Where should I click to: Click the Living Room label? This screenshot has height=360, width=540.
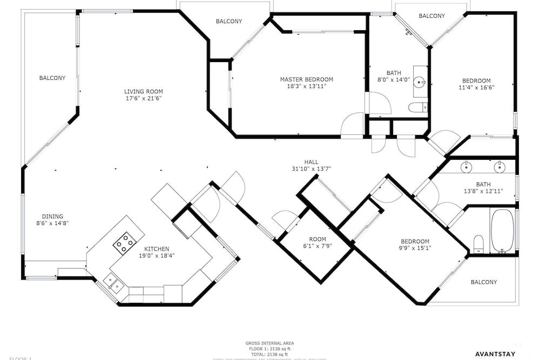[143, 91]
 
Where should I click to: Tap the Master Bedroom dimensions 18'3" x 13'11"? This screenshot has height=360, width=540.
[306, 86]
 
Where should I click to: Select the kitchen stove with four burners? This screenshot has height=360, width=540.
[124, 243]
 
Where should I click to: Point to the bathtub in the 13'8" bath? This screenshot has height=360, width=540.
[503, 230]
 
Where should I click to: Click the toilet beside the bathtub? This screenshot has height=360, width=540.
[477, 244]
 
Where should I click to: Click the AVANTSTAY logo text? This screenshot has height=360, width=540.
[500, 354]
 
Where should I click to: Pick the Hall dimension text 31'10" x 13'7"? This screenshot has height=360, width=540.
[311, 169]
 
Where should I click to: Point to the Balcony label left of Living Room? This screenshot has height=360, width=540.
[52, 78]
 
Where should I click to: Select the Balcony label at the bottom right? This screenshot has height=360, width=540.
[483, 282]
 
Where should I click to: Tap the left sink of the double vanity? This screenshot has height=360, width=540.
[465, 167]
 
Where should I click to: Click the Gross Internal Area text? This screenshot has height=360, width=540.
[270, 343]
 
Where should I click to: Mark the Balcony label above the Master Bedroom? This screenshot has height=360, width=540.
[229, 22]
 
